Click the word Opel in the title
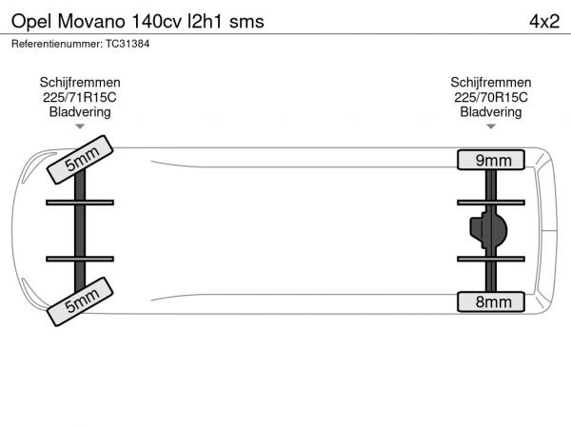tap(32, 22)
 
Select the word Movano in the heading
tap(91, 22)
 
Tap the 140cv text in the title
tap(157, 22)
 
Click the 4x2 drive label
tap(544, 22)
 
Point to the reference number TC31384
tap(128, 44)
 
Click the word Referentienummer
tap(57, 44)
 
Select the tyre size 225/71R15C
tap(80, 97)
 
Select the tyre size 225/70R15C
tap(491, 97)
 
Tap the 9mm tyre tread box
tap(491, 160)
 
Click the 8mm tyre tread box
tap(491, 302)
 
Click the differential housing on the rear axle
tap(488, 230)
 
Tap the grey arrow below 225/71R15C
tap(80, 126)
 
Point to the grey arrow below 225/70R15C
tap(491, 126)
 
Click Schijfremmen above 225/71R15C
tap(80, 83)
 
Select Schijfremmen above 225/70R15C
tap(491, 83)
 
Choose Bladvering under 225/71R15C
tap(80, 112)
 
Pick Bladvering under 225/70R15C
tap(491, 112)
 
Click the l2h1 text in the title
tap(205, 22)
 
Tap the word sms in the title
tap(246, 23)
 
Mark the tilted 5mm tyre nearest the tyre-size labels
tap(80, 160)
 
